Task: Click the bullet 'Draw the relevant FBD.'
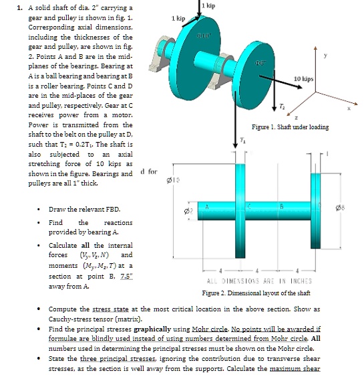point(76,210)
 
